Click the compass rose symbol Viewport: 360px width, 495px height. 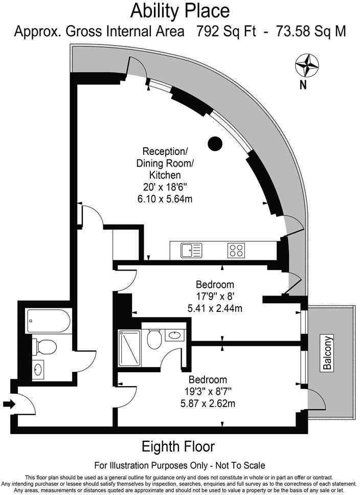pos(307,65)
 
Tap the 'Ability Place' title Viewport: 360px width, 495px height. pos(180,10)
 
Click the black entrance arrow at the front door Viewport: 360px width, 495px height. pos(9,404)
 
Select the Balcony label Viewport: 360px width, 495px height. pos(328,352)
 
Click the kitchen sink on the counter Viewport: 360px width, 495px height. pos(191,250)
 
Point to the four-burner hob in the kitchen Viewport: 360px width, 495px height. pos(236,250)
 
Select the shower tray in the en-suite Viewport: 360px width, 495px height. pos(129,348)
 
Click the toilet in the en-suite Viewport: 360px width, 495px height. pos(154,339)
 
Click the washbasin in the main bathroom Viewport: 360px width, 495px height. pos(38,369)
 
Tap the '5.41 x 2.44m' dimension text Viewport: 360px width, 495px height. pos(215,308)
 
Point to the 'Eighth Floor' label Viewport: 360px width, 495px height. pos(178,446)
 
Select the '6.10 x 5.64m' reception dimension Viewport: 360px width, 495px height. pos(164,198)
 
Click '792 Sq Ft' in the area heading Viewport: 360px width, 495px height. pos(220,31)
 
